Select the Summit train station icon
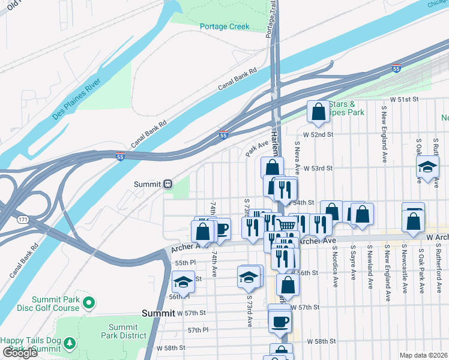[x=169, y=184]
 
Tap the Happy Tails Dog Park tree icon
[x=70, y=343]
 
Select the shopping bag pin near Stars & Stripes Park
[x=318, y=112]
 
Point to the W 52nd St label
[x=318, y=135]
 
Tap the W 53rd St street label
[x=318, y=169]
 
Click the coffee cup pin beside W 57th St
[x=280, y=322]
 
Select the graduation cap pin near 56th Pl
[x=183, y=282]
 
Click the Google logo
[x=20, y=353]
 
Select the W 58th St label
[x=318, y=341]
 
